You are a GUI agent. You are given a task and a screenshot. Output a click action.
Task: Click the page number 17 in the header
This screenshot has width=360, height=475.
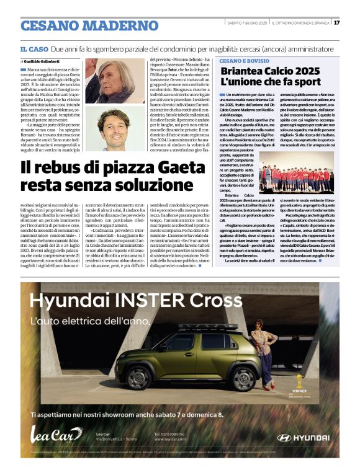(x=336, y=23)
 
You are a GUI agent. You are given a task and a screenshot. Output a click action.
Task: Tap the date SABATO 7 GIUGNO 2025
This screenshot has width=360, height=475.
(x=246, y=23)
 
